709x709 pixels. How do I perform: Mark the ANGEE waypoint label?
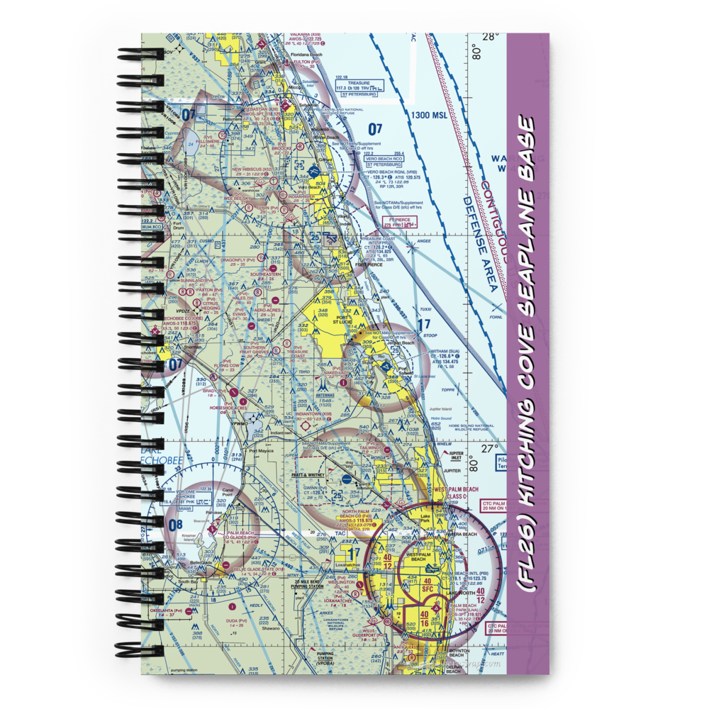point(423,241)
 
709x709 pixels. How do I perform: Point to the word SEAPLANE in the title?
point(525,241)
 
